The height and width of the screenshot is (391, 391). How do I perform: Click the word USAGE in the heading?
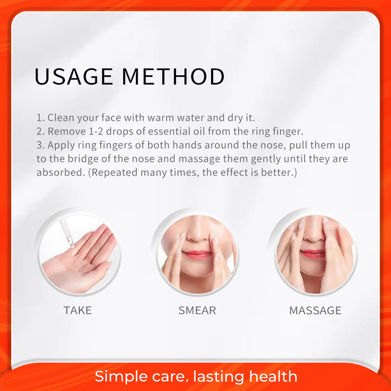click(74, 76)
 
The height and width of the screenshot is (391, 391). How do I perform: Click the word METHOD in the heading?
click(174, 76)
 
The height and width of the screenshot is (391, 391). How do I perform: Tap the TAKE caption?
click(78, 310)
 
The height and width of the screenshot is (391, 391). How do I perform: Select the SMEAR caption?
click(197, 310)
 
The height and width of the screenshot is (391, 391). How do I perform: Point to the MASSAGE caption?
click(315, 310)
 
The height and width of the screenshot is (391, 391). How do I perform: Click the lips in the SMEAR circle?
click(197, 254)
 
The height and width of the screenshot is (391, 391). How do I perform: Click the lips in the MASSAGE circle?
click(313, 253)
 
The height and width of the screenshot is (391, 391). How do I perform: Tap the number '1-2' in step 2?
click(96, 131)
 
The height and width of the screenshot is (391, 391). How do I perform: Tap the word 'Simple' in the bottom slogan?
click(122, 376)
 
